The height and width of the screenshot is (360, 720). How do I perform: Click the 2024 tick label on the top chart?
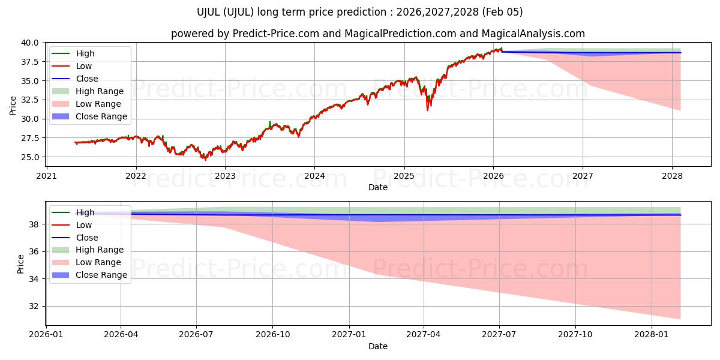point(314,176)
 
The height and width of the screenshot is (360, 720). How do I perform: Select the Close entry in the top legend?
point(87,79)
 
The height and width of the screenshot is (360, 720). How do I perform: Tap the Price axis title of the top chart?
point(13,106)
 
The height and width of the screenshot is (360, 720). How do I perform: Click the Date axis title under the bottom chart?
point(378,346)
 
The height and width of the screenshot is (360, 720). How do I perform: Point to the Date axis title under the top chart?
point(378,187)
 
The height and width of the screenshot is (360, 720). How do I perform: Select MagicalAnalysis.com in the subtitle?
point(525,34)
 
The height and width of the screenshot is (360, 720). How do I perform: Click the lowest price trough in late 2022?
point(205,160)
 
